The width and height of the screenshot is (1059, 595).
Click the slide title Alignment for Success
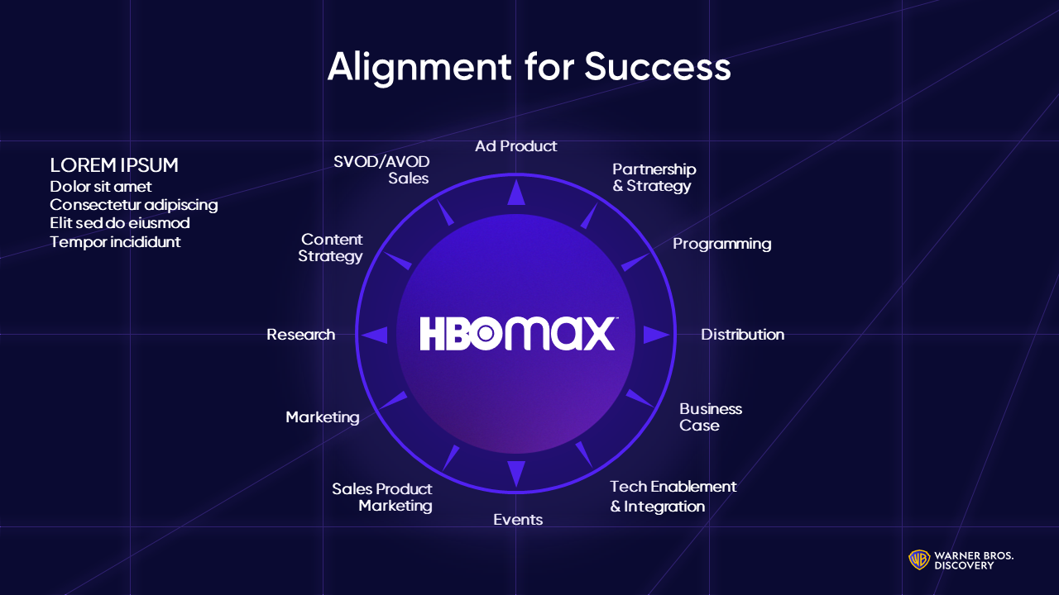tap(529, 66)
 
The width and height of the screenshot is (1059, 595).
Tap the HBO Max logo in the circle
tap(517, 333)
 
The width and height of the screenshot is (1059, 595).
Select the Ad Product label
tap(515, 146)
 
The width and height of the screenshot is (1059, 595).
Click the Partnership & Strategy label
tap(654, 178)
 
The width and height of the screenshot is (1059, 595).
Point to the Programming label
tap(721, 244)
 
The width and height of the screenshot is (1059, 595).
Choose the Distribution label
tap(742, 335)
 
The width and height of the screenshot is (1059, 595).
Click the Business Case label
tap(710, 417)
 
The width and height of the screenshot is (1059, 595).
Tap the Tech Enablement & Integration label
tap(673, 496)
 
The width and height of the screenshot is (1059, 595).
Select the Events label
tap(518, 520)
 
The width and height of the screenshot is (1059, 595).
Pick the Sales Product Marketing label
tap(382, 497)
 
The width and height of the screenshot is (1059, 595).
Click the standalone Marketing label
tap(323, 417)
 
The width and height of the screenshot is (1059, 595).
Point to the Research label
tap(300, 335)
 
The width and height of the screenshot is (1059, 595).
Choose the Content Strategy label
tap(331, 248)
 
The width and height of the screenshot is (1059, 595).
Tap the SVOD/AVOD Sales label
tap(381, 169)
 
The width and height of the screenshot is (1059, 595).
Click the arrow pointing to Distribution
tap(655, 335)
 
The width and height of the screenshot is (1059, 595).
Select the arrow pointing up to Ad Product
tap(516, 193)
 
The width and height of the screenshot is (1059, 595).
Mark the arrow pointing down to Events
tap(516, 473)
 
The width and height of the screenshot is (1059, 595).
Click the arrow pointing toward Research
tap(376, 335)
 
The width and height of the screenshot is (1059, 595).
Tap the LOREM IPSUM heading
tap(114, 165)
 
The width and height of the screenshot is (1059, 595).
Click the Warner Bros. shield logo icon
tap(918, 559)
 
